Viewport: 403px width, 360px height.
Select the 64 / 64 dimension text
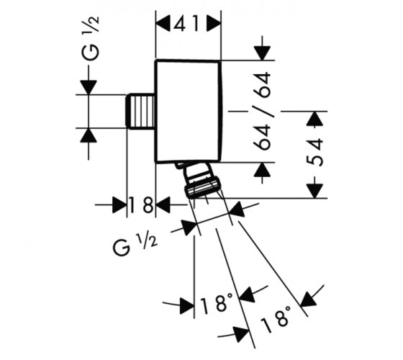[x=263, y=111]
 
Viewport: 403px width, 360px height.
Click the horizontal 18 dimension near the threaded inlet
[x=141, y=205]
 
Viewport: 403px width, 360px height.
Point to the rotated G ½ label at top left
[x=91, y=38]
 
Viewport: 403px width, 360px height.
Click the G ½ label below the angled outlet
[x=135, y=246]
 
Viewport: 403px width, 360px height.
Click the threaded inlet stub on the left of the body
[x=141, y=111]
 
